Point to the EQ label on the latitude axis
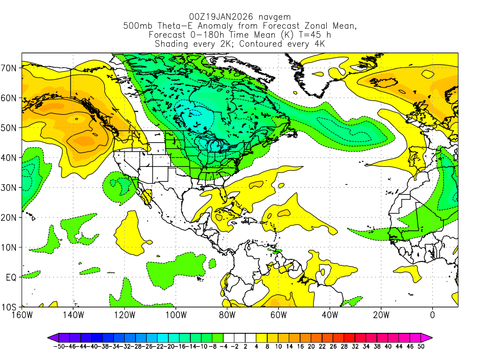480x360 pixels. pos(11,277)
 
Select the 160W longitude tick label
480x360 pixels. pos(22,315)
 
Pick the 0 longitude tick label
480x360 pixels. pos(432,315)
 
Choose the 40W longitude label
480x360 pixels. pos(330,315)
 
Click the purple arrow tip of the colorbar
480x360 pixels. pos(50,337)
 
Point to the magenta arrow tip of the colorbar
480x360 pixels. pos(429,337)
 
